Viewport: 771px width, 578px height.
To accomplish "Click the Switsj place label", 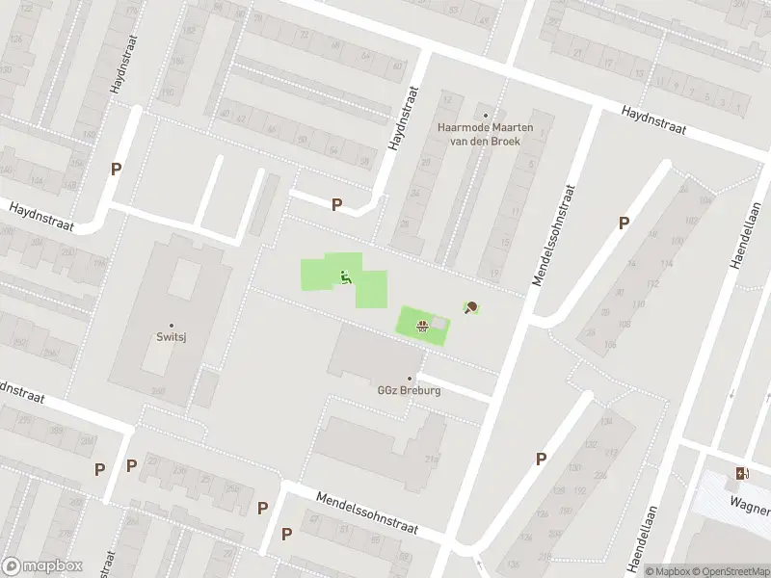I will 172,338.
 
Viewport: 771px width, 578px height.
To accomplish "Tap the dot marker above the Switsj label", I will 172,326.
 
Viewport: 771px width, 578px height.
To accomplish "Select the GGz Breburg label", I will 408,391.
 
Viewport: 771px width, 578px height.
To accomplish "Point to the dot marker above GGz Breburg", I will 410,379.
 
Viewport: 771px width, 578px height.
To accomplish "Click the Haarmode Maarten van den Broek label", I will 485,133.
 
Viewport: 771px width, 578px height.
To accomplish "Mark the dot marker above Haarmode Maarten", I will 486,115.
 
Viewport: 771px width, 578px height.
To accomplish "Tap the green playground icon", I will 345,277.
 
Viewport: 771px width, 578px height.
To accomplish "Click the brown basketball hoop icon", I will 422,325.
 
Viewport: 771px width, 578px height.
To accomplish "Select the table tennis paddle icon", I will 471,308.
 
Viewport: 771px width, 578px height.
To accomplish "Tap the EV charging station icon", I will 741,473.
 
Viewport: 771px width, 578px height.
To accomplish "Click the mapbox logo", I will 42,566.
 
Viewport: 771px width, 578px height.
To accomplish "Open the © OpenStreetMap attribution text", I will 731,571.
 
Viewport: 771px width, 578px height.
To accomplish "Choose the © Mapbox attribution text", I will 668,571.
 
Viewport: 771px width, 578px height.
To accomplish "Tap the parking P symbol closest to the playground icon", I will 336,204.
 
